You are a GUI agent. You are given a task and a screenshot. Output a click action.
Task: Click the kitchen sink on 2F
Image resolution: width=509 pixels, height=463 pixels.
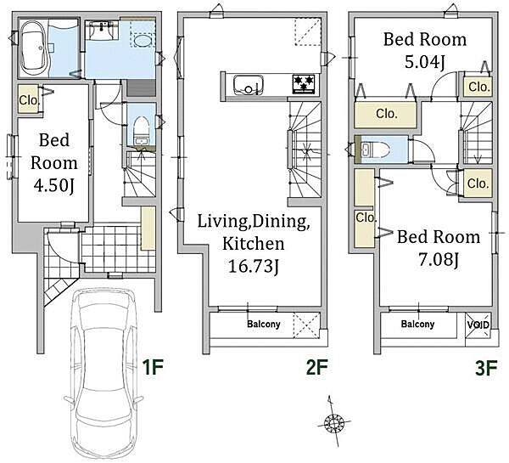tap(249, 85)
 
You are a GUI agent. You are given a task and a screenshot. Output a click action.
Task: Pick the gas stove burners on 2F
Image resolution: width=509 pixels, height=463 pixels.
tap(304, 84)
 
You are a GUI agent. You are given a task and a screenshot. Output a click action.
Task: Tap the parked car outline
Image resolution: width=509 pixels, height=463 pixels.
tap(103, 374)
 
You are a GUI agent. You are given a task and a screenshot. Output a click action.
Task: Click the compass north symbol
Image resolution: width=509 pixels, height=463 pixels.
tap(333, 422)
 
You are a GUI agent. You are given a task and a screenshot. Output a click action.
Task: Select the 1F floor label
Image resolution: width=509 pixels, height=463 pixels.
tap(153, 367)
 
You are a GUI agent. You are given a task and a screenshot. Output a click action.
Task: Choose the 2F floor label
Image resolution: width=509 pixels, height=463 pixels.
tap(317, 367)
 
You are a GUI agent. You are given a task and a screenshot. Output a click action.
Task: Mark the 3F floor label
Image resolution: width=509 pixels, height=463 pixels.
tap(486, 368)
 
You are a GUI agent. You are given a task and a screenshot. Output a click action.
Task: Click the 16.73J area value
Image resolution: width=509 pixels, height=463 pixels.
tap(254, 267)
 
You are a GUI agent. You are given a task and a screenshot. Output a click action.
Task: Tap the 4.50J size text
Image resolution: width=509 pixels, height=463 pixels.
tap(54, 186)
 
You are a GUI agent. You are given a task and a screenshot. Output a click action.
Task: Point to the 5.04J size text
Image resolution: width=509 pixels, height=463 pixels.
tap(425, 61)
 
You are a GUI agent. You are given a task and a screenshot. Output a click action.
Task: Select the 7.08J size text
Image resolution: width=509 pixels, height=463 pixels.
tap(439, 259)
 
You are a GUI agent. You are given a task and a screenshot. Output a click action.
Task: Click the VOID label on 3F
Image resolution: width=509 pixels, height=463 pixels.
tap(478, 325)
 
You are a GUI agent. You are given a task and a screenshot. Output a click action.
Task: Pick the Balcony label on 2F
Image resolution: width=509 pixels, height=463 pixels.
tap(264, 324)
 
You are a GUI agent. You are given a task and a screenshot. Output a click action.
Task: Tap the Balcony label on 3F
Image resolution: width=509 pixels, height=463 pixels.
tap(417, 324)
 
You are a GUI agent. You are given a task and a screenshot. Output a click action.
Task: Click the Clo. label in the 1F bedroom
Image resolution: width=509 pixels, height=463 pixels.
tap(29, 100)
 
